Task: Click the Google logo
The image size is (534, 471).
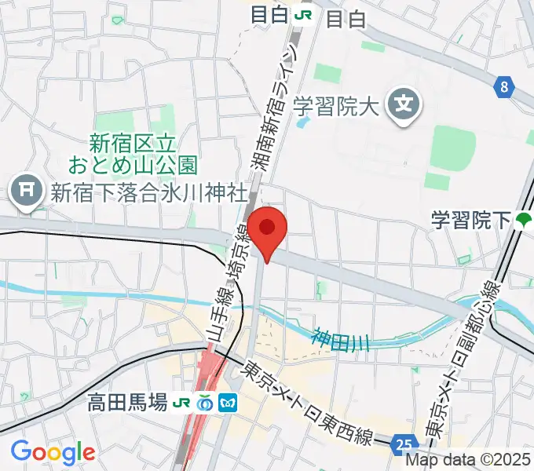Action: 53,452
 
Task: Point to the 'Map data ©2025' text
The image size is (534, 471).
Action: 474,461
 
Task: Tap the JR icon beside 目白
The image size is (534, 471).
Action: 302,16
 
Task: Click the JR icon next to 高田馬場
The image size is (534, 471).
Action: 183,403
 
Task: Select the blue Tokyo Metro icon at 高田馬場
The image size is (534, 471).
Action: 229,403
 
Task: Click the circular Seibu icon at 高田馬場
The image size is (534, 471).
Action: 206,403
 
